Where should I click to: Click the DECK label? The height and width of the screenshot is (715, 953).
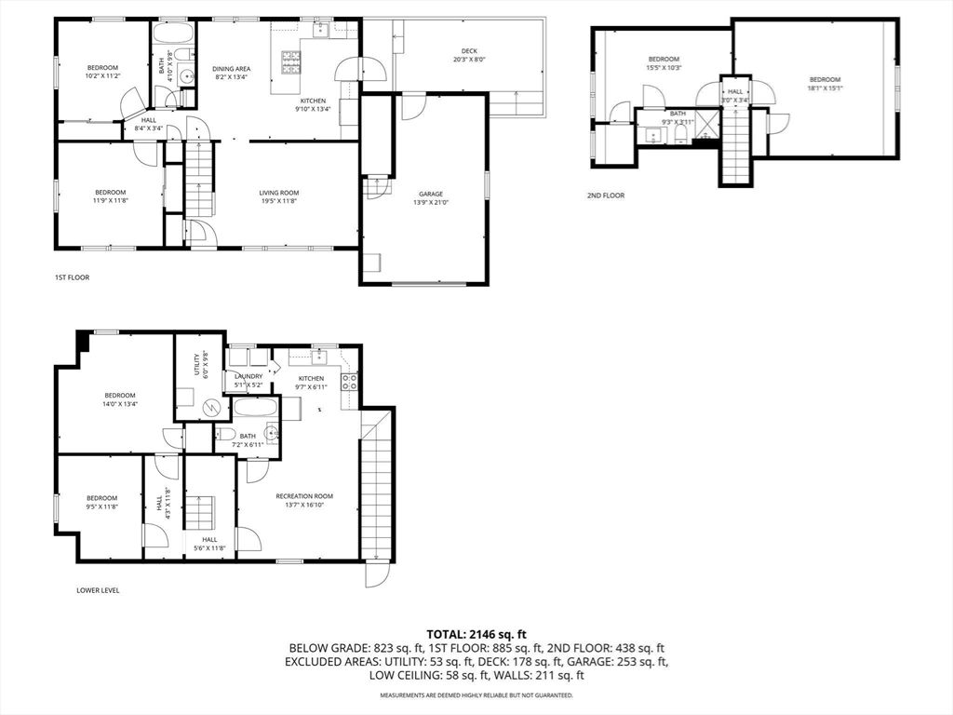(x=469, y=51)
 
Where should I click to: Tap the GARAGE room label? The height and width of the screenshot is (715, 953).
(x=430, y=194)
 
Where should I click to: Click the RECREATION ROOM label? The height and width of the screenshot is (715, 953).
(x=304, y=496)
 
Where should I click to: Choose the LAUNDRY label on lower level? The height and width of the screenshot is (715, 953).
(x=248, y=376)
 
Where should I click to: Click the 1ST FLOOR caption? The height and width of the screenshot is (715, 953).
(x=73, y=277)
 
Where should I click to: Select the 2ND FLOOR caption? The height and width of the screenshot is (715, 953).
(x=605, y=196)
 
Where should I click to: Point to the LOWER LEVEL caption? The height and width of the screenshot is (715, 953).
(x=98, y=590)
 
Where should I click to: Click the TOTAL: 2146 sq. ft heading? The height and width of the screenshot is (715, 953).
(x=476, y=633)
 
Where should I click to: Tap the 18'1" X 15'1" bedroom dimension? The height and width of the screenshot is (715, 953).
(x=825, y=89)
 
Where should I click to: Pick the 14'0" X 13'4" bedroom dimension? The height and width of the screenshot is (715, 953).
(x=120, y=404)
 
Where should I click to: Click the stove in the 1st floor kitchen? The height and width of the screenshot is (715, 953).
(x=291, y=61)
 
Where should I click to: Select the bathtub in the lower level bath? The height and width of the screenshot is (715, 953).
(x=255, y=409)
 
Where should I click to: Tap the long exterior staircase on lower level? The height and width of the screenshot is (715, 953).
(x=377, y=484)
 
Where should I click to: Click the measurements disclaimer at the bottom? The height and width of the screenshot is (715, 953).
(x=476, y=695)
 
